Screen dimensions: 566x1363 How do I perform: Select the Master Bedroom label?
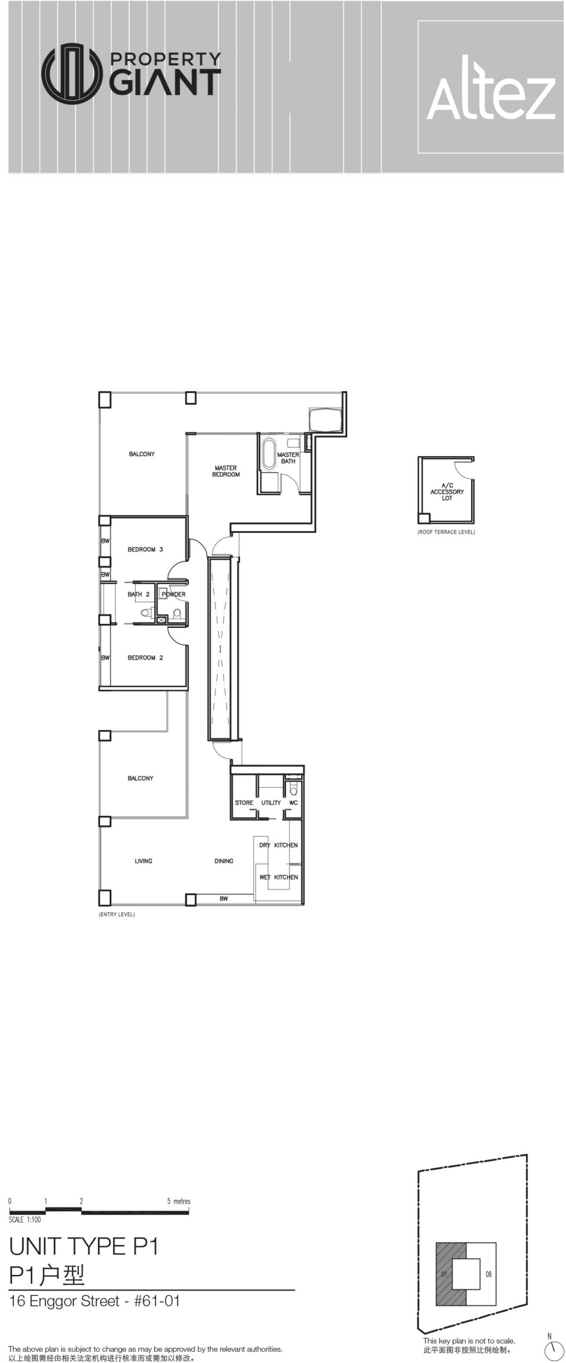[x=226, y=471]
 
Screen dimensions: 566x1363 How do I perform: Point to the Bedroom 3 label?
[x=145, y=549]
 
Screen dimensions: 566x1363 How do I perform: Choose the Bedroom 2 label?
[x=145, y=658]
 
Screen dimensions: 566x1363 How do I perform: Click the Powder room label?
[x=174, y=594]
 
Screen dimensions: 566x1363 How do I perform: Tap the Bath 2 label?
[x=139, y=594]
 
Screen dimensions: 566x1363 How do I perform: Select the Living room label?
[x=143, y=861]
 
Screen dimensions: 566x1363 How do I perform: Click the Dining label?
[x=224, y=861]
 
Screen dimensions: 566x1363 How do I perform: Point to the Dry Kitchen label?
[x=278, y=845]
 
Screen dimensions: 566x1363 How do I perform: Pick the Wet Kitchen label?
[x=278, y=877]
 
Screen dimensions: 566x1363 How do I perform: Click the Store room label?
[x=244, y=802]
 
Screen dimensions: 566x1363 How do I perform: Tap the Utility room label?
[x=271, y=802]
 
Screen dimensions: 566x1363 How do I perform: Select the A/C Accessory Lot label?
[x=447, y=491]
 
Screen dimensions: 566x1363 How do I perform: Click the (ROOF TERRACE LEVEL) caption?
[x=446, y=532]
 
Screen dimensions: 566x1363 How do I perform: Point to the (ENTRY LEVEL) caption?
[x=117, y=914]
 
